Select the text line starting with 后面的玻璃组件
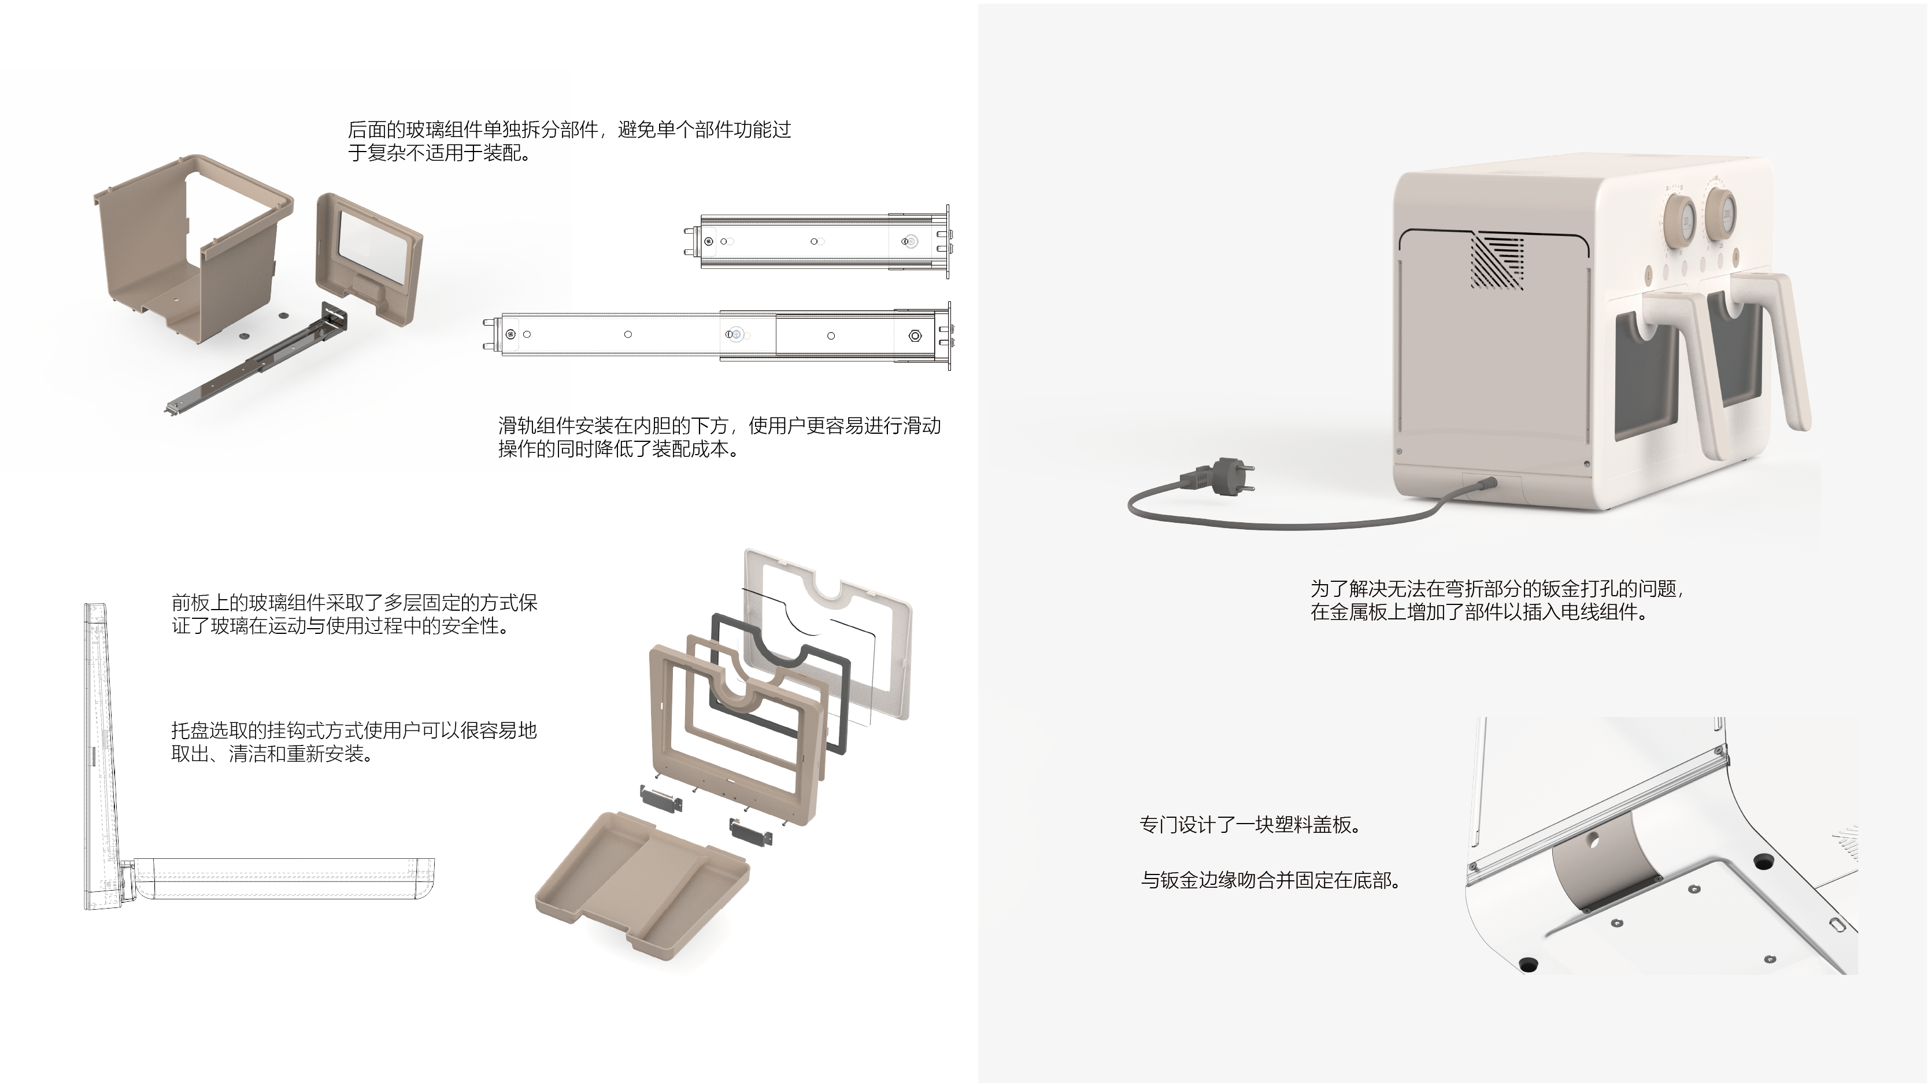(x=569, y=130)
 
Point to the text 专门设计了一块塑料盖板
(x=1250, y=824)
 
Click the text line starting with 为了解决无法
(x=1497, y=589)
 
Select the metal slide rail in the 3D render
(x=254, y=367)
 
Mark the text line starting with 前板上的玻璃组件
(x=354, y=602)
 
